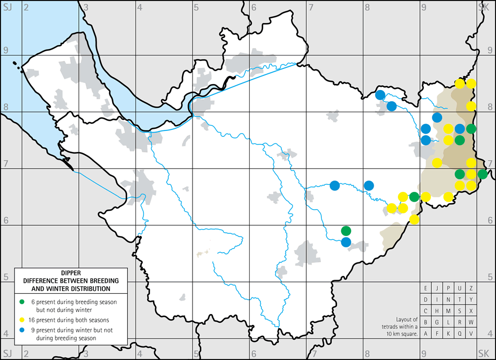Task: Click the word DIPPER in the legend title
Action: (x=70, y=273)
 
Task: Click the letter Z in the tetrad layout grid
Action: (x=471, y=288)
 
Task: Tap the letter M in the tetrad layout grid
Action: (x=449, y=310)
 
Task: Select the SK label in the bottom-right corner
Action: (x=484, y=352)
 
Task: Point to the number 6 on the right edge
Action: (x=490, y=220)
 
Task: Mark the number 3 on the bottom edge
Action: (x=86, y=353)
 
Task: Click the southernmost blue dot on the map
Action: (x=346, y=242)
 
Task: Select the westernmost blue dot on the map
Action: (x=335, y=185)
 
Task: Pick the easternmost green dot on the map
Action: (x=483, y=174)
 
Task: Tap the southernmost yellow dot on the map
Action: (x=414, y=219)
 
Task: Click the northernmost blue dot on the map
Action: (x=380, y=95)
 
